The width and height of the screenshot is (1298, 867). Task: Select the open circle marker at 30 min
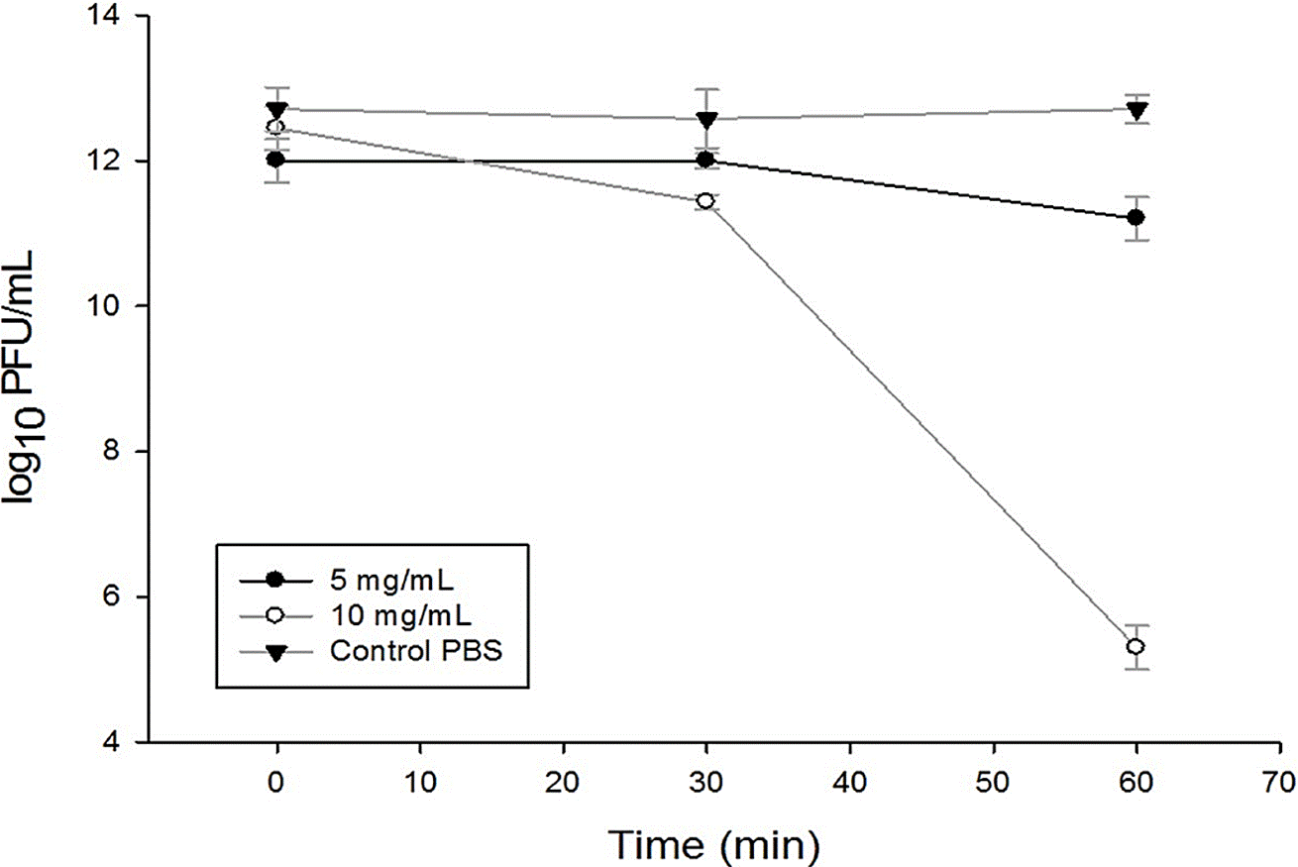pyautogui.click(x=705, y=201)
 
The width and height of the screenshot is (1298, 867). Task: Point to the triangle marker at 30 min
pyautogui.click(x=705, y=120)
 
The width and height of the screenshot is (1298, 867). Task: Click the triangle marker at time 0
pyautogui.click(x=276, y=109)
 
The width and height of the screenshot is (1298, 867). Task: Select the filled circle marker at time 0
pyautogui.click(x=276, y=159)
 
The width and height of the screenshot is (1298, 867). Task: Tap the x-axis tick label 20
pyautogui.click(x=564, y=778)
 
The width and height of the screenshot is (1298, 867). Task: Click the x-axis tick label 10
pyautogui.click(x=420, y=778)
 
